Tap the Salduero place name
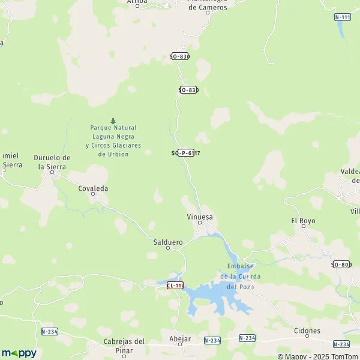click(167, 242)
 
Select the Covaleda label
click(93, 188)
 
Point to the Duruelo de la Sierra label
click(52, 162)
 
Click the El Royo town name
click(302, 220)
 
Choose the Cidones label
click(307, 331)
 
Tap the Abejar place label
click(180, 338)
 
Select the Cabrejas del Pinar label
click(124, 346)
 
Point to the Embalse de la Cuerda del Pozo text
click(241, 276)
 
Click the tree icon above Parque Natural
click(113, 121)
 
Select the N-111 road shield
click(342, 17)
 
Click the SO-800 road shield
click(341, 264)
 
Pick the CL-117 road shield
click(175, 286)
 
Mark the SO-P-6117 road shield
click(186, 153)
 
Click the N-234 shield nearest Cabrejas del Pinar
click(50, 331)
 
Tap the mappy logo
click(19, 353)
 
